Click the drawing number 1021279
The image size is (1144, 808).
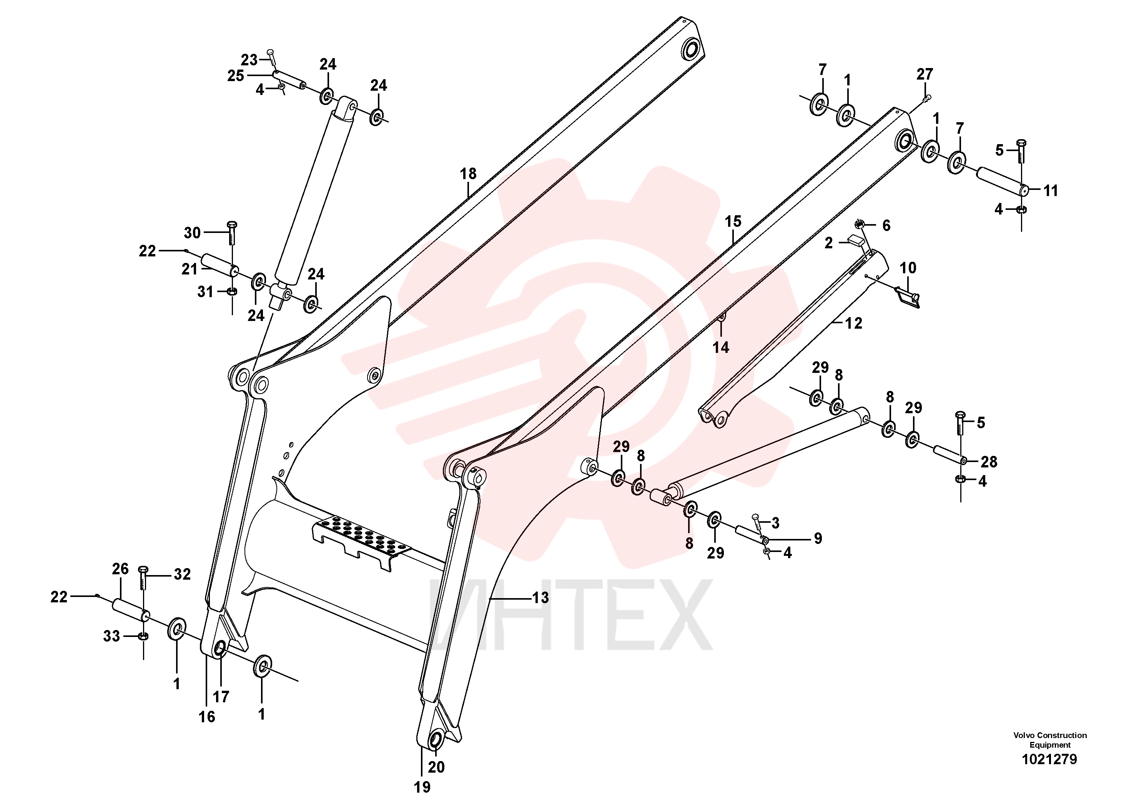click(1049, 759)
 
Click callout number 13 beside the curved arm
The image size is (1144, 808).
click(540, 597)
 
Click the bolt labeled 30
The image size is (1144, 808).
click(232, 233)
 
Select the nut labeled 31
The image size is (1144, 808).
click(232, 291)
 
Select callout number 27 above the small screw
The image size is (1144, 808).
click(925, 74)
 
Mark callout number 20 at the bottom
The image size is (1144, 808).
click(436, 767)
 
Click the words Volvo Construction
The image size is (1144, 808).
click(1050, 735)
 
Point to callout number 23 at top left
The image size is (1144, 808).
click(249, 60)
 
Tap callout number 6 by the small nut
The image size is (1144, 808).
click(886, 226)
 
